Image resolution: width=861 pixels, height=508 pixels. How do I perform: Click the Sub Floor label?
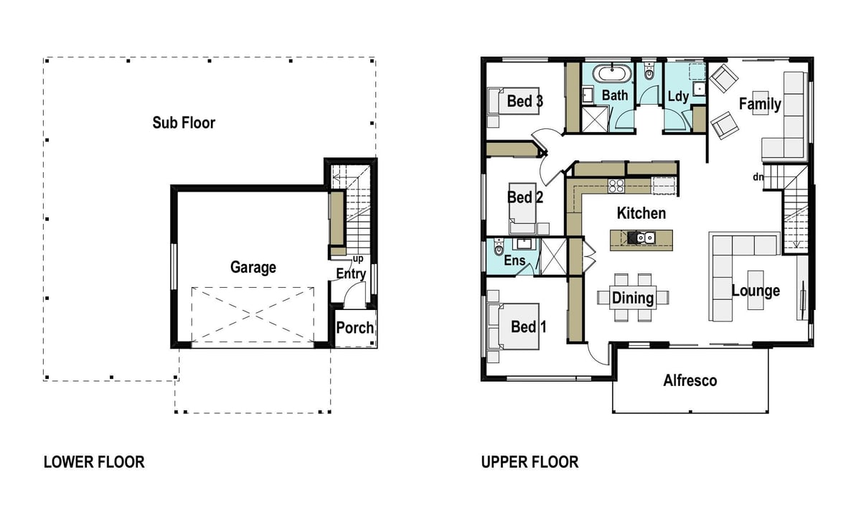tap(184, 123)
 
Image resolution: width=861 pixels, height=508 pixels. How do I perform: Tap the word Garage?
tap(253, 268)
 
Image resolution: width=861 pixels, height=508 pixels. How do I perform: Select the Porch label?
tap(354, 328)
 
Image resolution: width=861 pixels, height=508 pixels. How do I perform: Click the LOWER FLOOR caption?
tap(94, 462)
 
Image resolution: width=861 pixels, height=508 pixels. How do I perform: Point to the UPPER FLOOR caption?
tap(530, 462)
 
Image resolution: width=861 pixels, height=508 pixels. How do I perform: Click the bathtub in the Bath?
tap(612, 73)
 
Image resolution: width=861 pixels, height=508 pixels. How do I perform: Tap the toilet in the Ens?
tap(499, 247)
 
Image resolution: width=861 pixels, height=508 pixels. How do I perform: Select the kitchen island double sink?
tap(644, 238)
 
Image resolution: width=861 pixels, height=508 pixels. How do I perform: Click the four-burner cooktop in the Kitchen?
tap(616, 186)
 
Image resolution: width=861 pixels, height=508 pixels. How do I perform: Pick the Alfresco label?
tap(690, 380)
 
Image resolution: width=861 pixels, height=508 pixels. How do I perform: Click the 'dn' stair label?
tap(758, 177)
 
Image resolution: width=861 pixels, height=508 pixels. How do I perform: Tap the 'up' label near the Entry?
tap(358, 259)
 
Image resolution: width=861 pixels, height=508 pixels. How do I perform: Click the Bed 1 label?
tap(529, 327)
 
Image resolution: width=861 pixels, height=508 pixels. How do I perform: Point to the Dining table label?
tap(633, 298)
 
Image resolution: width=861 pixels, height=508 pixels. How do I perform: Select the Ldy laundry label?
tap(678, 96)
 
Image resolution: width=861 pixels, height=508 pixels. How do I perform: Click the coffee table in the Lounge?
tap(756, 290)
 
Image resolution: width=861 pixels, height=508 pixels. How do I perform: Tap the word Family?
tap(760, 104)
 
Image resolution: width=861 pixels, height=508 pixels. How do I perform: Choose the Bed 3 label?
tap(525, 101)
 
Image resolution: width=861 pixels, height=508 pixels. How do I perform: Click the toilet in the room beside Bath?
tap(649, 72)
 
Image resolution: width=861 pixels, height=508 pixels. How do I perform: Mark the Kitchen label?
tap(641, 213)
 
